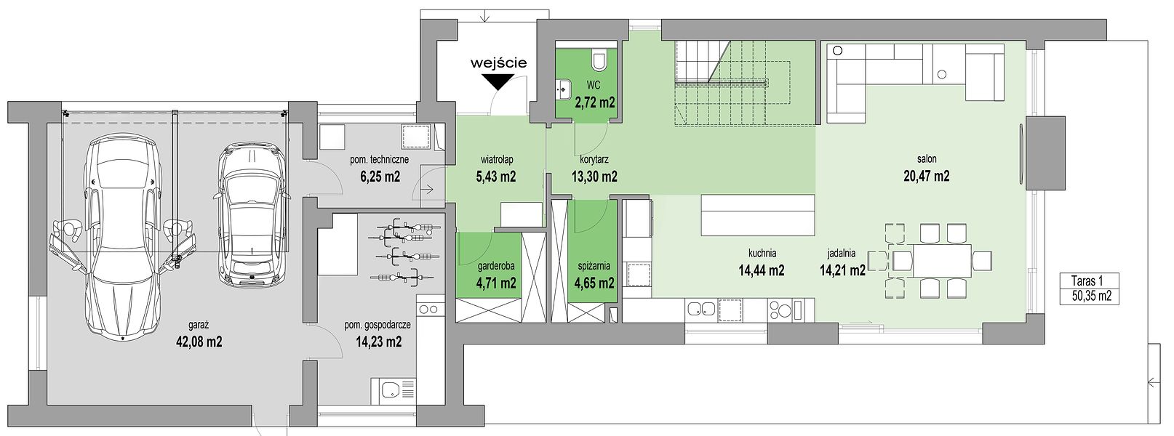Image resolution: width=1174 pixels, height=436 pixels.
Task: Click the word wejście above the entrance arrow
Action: tap(498, 63)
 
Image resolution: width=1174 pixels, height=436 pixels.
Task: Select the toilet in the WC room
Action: tap(599, 60)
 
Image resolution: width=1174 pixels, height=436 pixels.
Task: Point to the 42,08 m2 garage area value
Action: tap(199, 342)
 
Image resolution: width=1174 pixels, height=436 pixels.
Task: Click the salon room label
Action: tap(927, 158)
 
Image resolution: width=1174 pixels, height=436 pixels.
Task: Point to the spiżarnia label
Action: tap(593, 266)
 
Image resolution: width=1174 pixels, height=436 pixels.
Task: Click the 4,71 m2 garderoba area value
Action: tap(496, 283)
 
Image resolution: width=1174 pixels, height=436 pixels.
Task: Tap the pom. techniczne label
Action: tap(380, 160)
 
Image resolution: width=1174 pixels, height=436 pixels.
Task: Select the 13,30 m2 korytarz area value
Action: tap(594, 177)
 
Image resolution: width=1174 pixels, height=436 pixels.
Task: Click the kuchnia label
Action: tap(762, 254)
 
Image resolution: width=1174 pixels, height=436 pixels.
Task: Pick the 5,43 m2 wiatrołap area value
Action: tap(496, 177)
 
